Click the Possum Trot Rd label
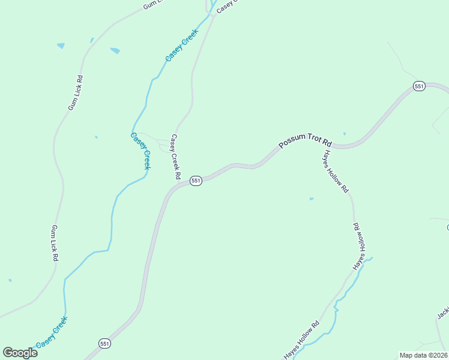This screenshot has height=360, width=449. point(306,142)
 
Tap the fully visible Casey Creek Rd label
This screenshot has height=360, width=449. point(175,157)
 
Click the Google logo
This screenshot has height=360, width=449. point(20,353)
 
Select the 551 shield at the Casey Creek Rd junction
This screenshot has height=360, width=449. point(195,181)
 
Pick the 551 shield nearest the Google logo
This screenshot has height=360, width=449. point(105,343)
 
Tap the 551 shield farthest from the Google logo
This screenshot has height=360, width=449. point(419,86)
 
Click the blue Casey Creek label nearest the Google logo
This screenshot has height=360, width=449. point(52,332)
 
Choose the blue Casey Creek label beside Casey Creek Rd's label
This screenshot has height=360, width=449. point(140,151)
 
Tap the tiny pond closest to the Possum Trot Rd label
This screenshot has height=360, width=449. point(344,133)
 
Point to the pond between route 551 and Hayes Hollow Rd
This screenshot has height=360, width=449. point(311,199)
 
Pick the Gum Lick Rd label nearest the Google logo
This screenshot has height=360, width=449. point(55,242)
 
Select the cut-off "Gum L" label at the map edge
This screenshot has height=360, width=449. point(153,5)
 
